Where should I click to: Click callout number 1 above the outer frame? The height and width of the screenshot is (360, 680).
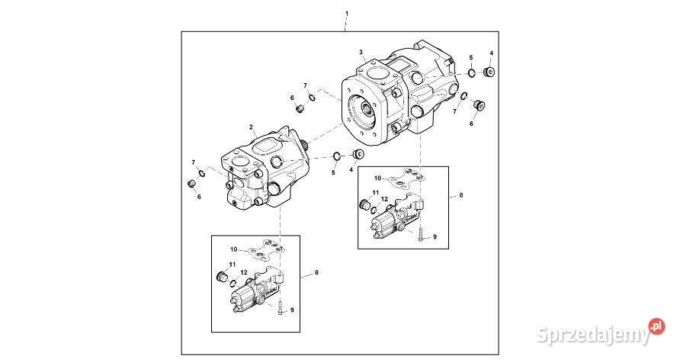pyautogui.click(x=347, y=14)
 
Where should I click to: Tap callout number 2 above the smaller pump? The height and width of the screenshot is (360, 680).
pyautogui.click(x=251, y=127)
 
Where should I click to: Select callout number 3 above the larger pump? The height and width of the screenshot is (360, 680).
pyautogui.click(x=361, y=52)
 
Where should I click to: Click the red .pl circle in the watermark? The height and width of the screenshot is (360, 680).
pyautogui.click(x=656, y=326)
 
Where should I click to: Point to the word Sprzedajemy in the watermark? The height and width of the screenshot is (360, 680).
pyautogui.click(x=593, y=335)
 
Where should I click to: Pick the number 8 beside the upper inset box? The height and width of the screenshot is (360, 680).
pyautogui.click(x=461, y=195)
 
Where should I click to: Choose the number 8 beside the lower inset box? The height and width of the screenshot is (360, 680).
pyautogui.click(x=316, y=273)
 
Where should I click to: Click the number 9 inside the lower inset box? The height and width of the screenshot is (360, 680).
pyautogui.click(x=292, y=310)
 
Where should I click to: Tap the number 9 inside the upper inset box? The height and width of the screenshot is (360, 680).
pyautogui.click(x=435, y=236)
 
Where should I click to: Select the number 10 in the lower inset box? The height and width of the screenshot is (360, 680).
pyautogui.click(x=234, y=249)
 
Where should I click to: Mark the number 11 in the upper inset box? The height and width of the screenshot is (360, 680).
pyautogui.click(x=376, y=192)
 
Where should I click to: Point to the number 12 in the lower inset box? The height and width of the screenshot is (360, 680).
pyautogui.click(x=244, y=272)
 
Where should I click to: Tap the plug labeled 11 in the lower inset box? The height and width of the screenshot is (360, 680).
pyautogui.click(x=222, y=276)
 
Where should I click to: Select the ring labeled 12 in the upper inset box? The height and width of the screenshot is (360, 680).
pyautogui.click(x=374, y=210)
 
